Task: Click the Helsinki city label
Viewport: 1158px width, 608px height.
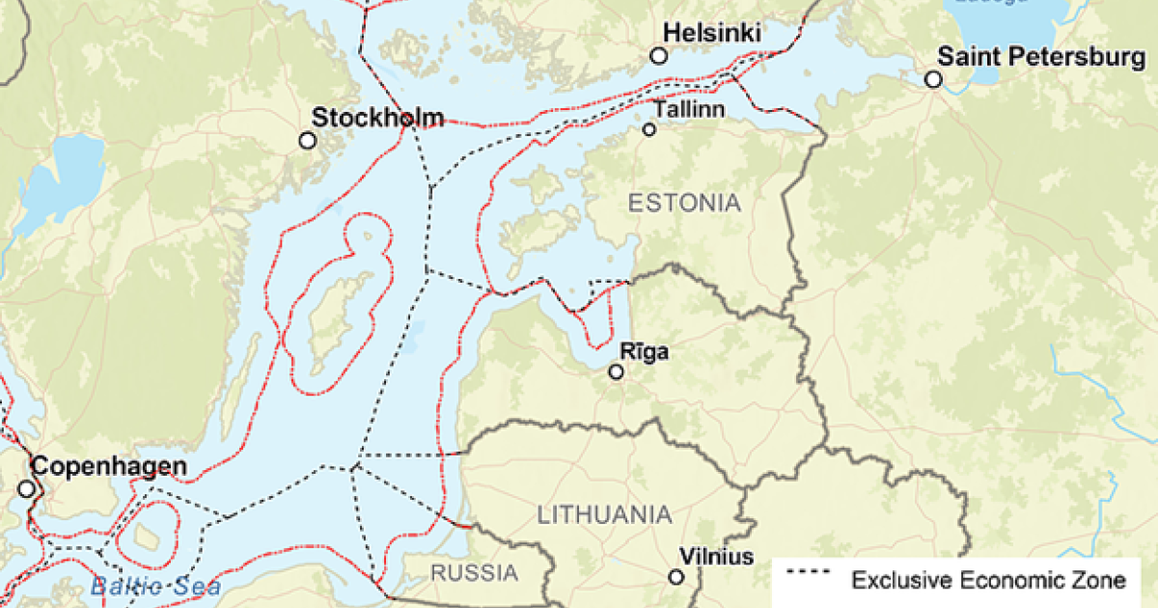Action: pos(719,34)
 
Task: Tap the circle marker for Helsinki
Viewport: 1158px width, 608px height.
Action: pos(659,57)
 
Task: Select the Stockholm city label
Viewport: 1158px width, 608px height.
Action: pos(378,118)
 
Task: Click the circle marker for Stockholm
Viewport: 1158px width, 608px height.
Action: pos(308,141)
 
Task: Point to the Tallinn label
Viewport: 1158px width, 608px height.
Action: pos(689,109)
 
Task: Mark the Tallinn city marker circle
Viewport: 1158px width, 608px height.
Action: pos(649,129)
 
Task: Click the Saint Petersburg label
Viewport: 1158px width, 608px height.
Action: pos(1042,57)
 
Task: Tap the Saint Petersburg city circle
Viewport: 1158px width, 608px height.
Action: pos(933,79)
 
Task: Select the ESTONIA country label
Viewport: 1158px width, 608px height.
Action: pos(684,203)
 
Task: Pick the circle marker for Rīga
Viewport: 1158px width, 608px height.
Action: pos(617,372)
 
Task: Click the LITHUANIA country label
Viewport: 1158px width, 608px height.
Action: pos(605,514)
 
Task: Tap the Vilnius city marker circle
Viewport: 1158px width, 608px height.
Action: pos(676,577)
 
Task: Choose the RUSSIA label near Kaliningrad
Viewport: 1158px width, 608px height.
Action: pos(474,572)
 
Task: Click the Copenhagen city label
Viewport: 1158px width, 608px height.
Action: pos(109,467)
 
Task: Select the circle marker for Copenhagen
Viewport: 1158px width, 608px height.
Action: pos(26,489)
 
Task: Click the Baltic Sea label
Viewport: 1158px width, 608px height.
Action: pos(155,586)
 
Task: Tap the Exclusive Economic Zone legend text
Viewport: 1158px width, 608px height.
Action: pos(988,580)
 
